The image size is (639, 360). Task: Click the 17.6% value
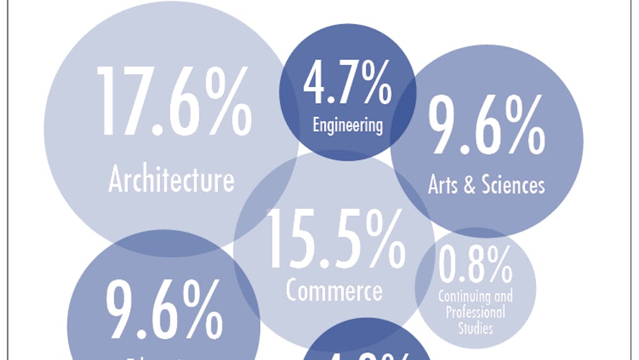[173, 103]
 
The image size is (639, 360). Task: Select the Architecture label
[171, 180]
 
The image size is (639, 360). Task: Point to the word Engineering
[348, 124]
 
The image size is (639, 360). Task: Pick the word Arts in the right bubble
[444, 185]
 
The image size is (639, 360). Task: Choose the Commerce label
[334, 291]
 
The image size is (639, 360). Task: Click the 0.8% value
[475, 265]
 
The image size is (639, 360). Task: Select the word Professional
[475, 313]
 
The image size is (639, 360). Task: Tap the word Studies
[475, 328]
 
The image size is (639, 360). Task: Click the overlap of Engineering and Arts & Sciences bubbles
[403, 125]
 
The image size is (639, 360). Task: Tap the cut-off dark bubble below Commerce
[364, 342]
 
